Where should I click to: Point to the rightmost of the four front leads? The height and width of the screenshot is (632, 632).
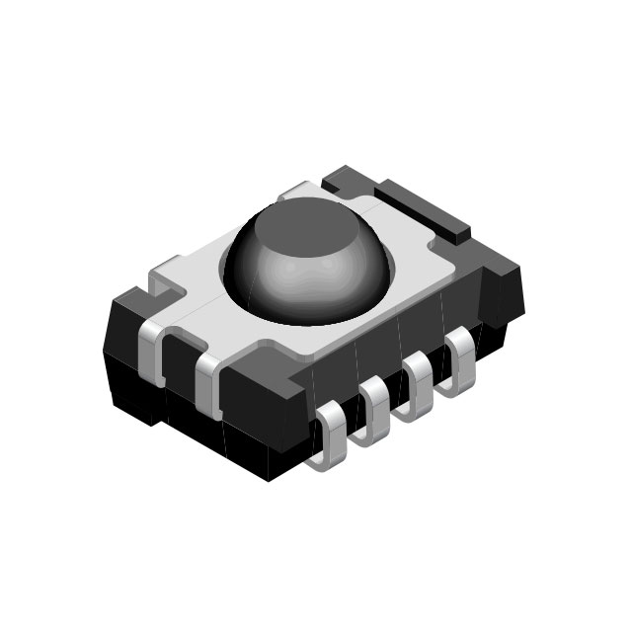[x=460, y=355]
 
